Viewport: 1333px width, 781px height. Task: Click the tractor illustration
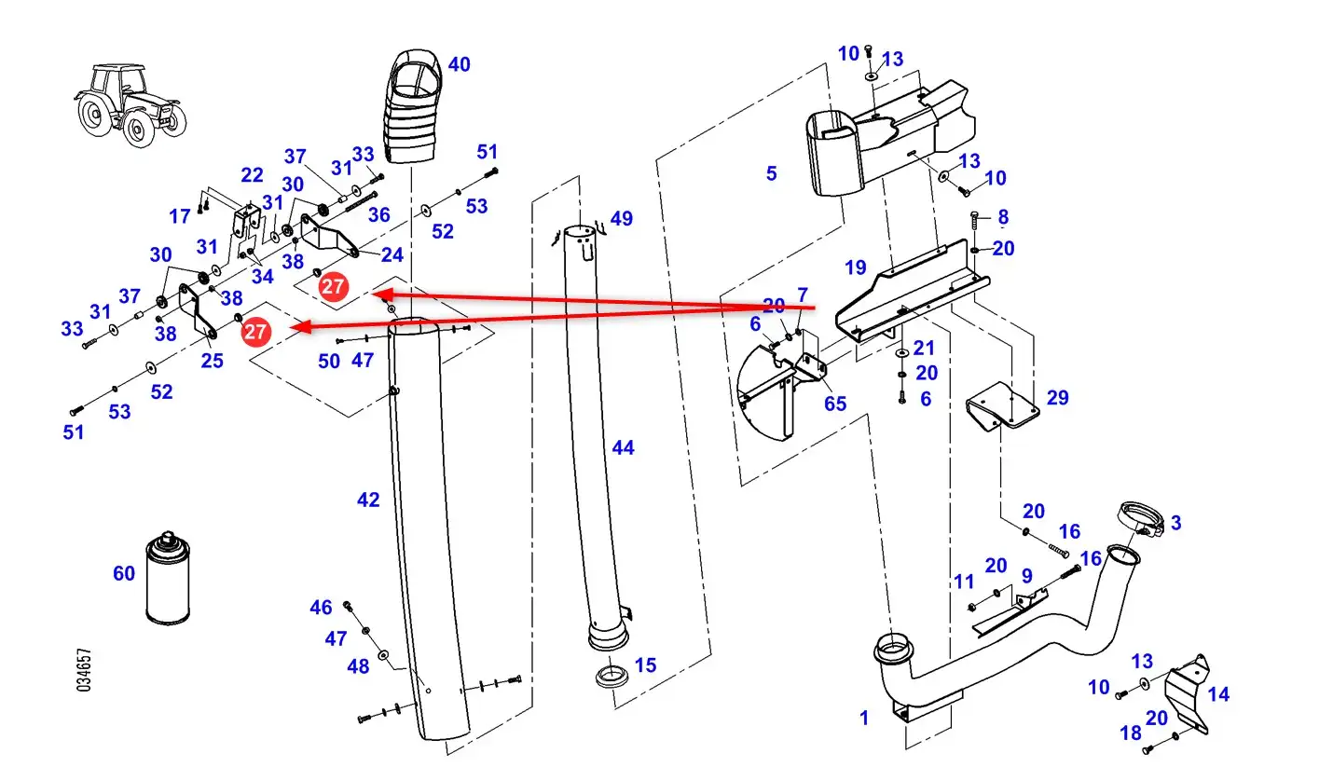pyautogui.click(x=131, y=104)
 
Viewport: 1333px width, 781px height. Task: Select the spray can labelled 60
pyautogui.click(x=168, y=577)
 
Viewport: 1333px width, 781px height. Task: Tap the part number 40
pyautogui.click(x=459, y=64)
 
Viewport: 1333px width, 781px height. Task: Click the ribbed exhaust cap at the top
pyautogui.click(x=412, y=106)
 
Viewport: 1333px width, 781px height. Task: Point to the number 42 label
pyautogui.click(x=368, y=500)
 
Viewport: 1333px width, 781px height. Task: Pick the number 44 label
pyautogui.click(x=623, y=447)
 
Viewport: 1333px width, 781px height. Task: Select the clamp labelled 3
pyautogui.click(x=1141, y=520)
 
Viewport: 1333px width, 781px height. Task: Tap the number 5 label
pyautogui.click(x=771, y=173)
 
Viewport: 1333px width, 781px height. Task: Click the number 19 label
pyautogui.click(x=856, y=267)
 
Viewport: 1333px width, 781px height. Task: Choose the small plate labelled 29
pyautogui.click(x=1002, y=406)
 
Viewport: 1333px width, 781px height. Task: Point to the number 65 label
pyautogui.click(x=835, y=404)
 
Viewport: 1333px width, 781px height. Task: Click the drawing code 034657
pyautogui.click(x=85, y=670)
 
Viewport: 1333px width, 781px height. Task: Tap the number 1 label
pyautogui.click(x=864, y=718)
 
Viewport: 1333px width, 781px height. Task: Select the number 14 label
pyautogui.click(x=1218, y=694)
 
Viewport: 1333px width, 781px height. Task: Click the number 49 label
pyautogui.click(x=621, y=218)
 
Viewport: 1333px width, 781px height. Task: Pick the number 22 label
pyautogui.click(x=252, y=175)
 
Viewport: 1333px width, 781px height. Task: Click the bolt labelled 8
pyautogui.click(x=974, y=221)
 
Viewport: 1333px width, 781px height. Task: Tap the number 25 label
pyautogui.click(x=212, y=361)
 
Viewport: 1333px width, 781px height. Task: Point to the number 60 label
pyautogui.click(x=124, y=573)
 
